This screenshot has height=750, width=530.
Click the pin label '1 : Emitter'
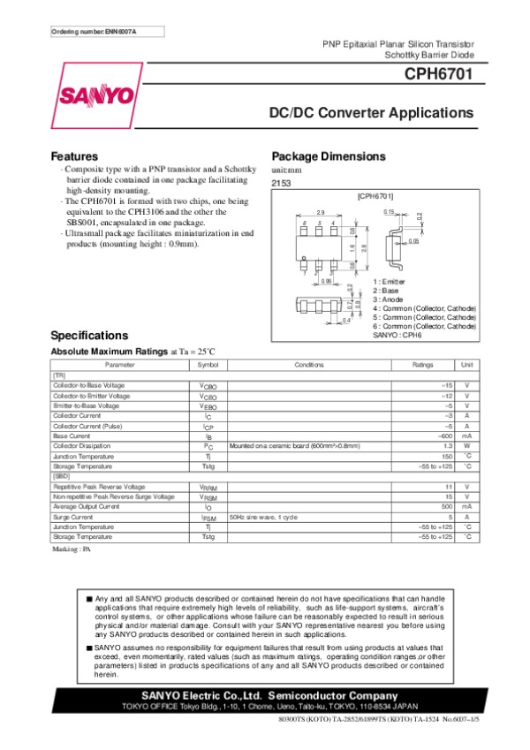(x=389, y=281)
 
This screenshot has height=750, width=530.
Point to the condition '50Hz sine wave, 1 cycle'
(x=263, y=517)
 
